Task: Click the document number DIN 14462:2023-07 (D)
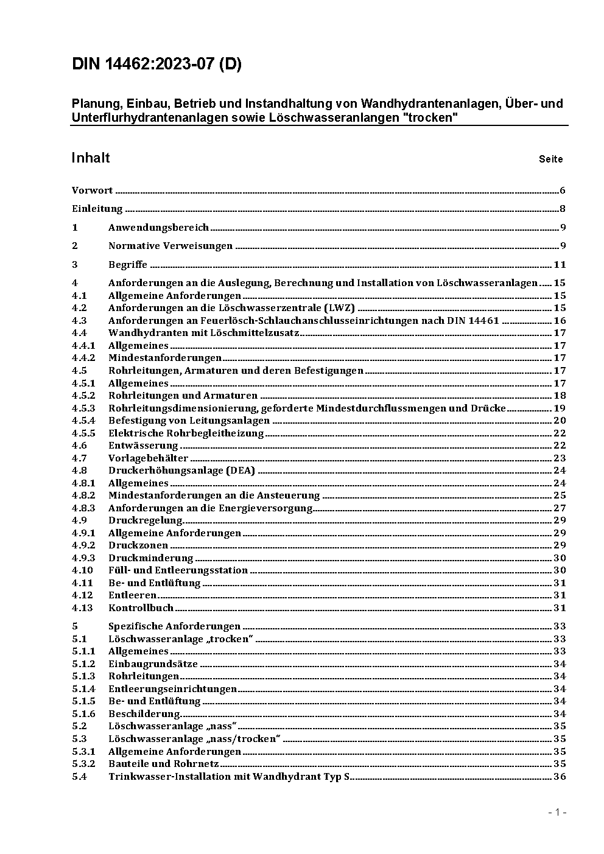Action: [156, 65]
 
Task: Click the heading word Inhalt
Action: [91, 158]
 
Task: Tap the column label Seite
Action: [550, 159]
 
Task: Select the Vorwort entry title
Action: [92, 191]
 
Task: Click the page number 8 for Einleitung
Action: [563, 209]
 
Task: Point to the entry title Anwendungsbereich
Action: [158, 228]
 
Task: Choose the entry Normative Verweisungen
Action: [170, 246]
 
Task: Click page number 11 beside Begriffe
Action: [560, 265]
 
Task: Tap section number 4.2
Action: [79, 308]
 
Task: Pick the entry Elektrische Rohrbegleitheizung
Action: [186, 433]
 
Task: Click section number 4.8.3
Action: [83, 508]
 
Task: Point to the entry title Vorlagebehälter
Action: [148, 458]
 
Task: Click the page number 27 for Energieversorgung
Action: [560, 508]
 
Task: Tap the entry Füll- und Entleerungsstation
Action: [178, 570]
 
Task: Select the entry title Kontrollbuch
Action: [141, 608]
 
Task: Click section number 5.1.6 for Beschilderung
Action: [83, 714]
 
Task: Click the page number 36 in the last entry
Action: [560, 777]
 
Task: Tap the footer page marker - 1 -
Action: [557, 813]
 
